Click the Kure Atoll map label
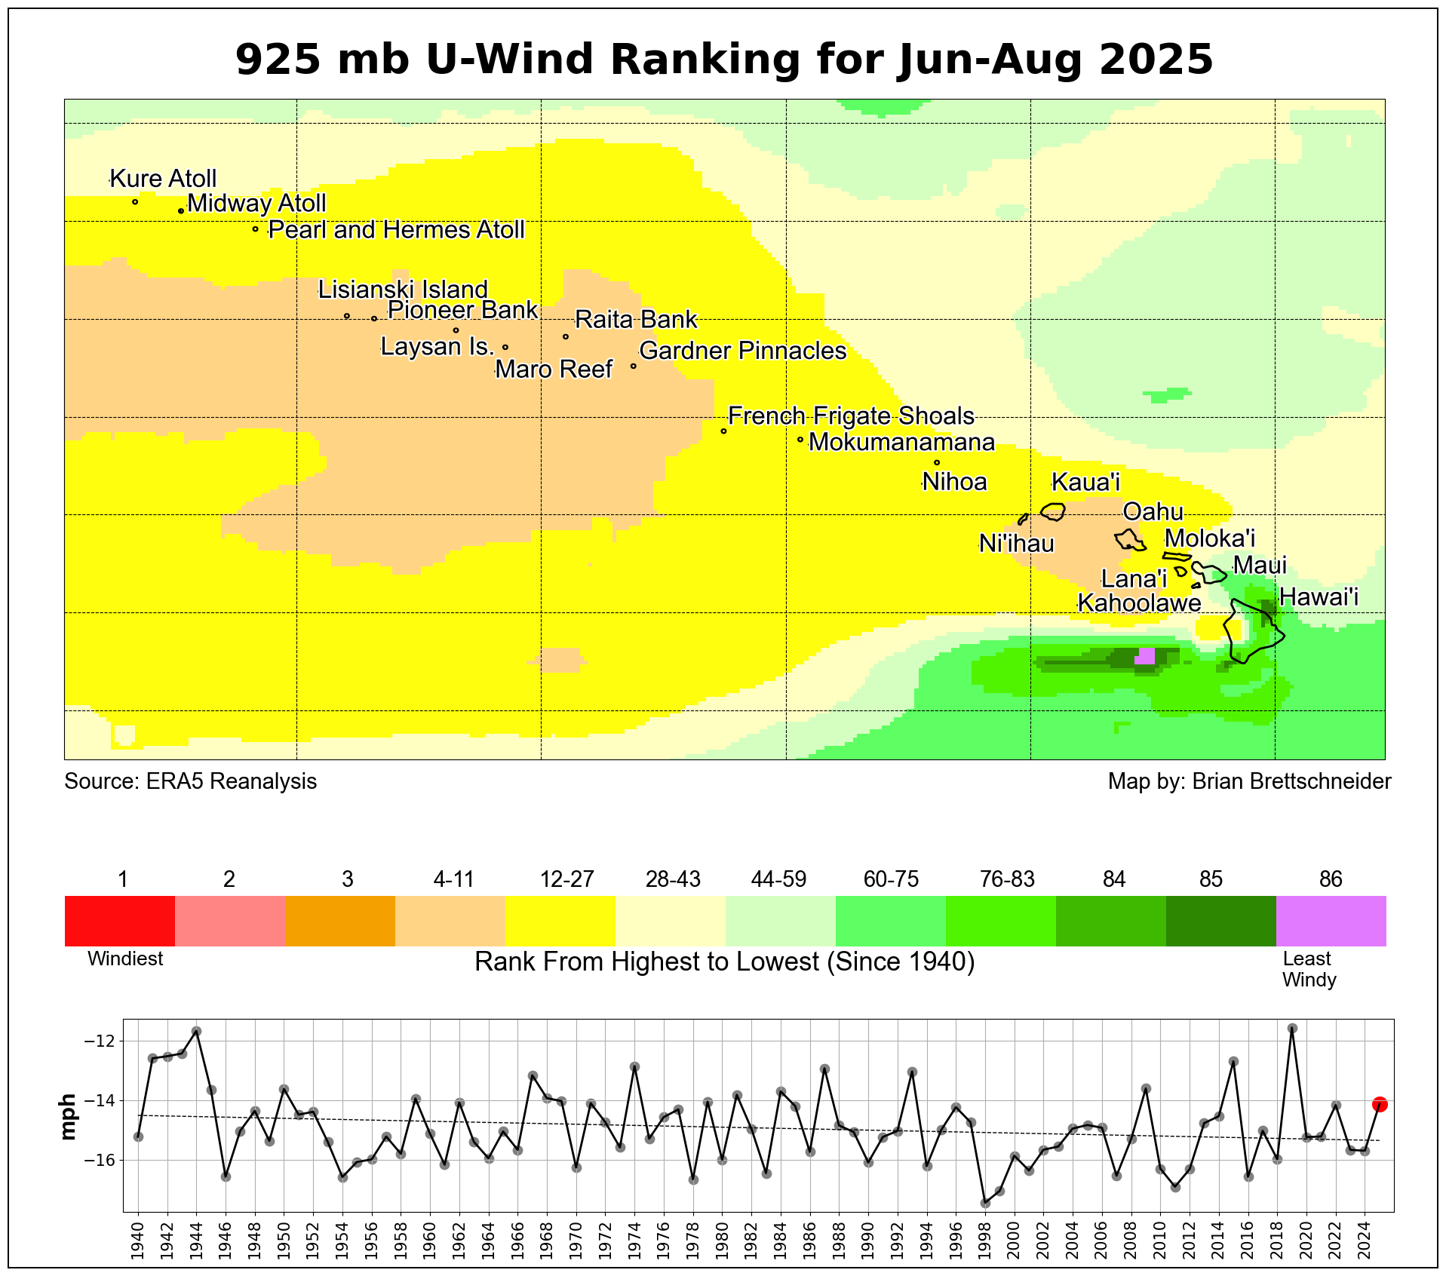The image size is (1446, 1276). (163, 179)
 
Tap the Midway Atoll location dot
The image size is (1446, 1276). (181, 211)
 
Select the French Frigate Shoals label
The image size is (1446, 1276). (851, 416)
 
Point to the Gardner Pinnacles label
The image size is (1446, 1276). (742, 351)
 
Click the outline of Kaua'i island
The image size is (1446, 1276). (1053, 512)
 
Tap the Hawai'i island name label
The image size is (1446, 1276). (1319, 597)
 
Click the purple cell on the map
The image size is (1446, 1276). (1144, 656)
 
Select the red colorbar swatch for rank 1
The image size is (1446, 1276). (120, 921)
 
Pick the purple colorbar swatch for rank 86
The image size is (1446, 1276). (1331, 921)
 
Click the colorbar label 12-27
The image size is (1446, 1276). (566, 879)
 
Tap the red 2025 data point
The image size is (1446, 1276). (1380, 1104)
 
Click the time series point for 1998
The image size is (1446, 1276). (985, 1203)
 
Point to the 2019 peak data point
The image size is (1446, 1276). (1292, 1028)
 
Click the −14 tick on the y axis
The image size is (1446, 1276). (100, 1101)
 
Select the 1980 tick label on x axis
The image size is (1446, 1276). (722, 1240)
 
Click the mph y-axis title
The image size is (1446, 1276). (69, 1116)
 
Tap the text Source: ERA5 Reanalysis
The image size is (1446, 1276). (190, 781)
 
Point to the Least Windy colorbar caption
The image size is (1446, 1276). (1309, 969)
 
